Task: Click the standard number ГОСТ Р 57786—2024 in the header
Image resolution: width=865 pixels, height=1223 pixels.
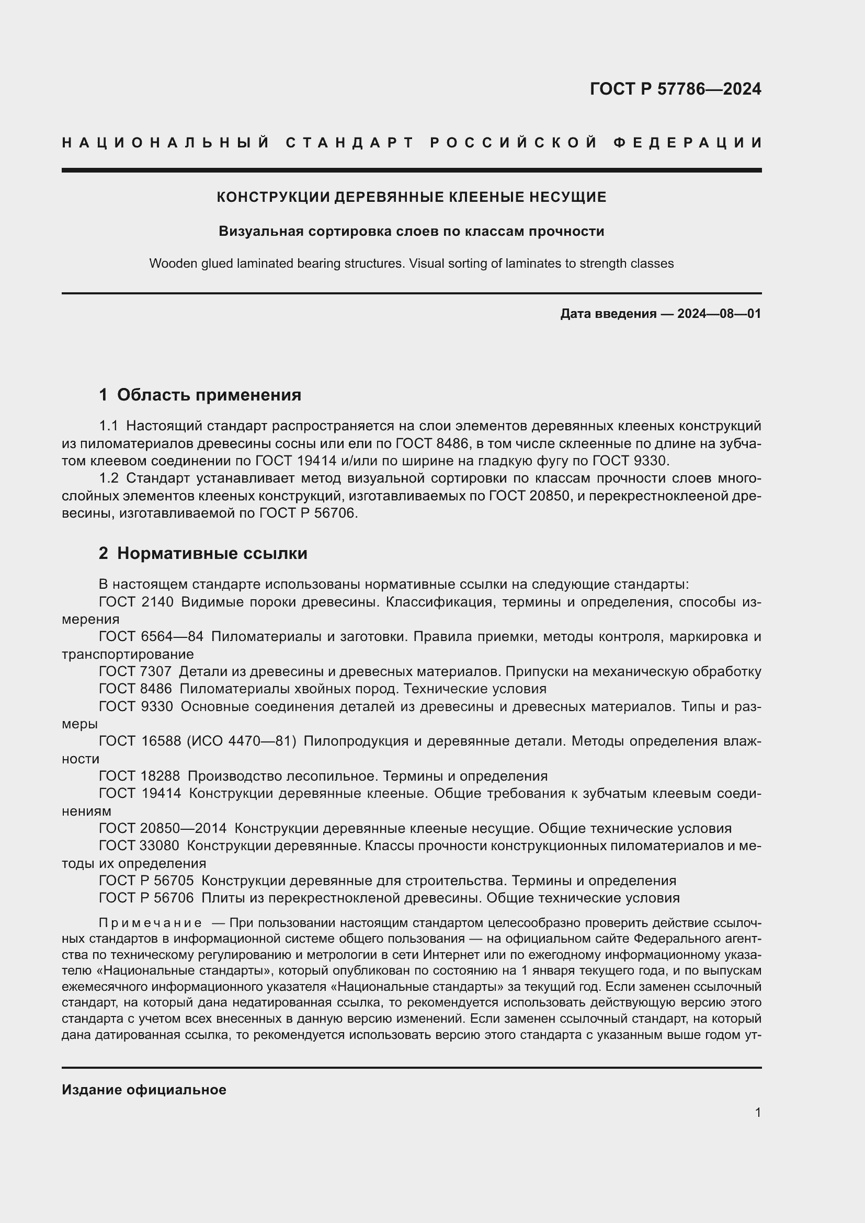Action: pyautogui.click(x=675, y=88)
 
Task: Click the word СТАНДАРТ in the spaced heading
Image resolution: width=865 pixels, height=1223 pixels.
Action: pyautogui.click(x=349, y=143)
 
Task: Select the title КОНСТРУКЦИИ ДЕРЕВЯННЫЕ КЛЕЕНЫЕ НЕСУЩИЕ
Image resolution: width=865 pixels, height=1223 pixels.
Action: pyautogui.click(x=411, y=197)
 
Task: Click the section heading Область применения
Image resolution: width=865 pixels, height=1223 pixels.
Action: pyautogui.click(x=209, y=395)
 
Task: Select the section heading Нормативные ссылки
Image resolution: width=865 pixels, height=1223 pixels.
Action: pyautogui.click(x=212, y=553)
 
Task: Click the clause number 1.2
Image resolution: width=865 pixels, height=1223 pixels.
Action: pyautogui.click(x=109, y=478)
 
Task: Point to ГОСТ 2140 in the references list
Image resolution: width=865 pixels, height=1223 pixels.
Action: pyautogui.click(x=136, y=602)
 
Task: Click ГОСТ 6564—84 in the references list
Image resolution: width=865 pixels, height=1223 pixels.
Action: pyautogui.click(x=151, y=636)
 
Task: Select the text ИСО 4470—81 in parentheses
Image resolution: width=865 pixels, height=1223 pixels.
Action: pyautogui.click(x=241, y=741)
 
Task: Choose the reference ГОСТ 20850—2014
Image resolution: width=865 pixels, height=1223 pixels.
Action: pyautogui.click(x=163, y=828)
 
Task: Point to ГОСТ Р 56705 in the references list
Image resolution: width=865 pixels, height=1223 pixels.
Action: pyautogui.click(x=146, y=881)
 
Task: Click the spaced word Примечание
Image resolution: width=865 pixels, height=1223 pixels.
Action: pyautogui.click(x=150, y=922)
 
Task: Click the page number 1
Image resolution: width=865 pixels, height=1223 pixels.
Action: pyautogui.click(x=757, y=1112)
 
